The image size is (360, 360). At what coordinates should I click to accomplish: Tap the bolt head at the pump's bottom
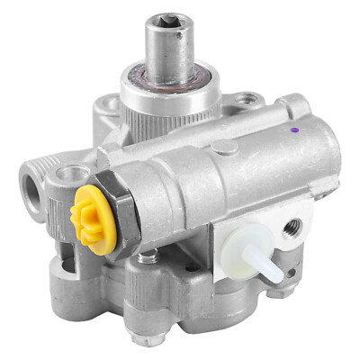[140, 339]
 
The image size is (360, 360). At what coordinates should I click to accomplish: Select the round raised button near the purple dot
[227, 145]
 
